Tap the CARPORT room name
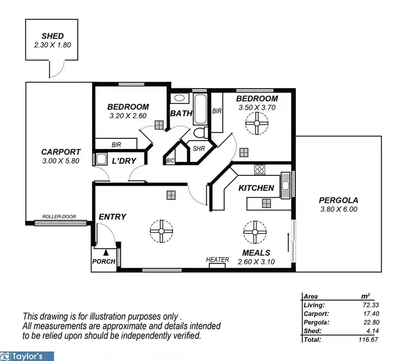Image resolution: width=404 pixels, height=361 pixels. click(61, 152)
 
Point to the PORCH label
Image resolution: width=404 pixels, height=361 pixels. click(104, 261)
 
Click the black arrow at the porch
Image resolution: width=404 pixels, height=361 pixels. click(106, 251)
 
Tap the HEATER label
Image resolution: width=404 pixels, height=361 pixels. click(218, 260)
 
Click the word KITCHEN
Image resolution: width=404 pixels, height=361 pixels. click(256, 188)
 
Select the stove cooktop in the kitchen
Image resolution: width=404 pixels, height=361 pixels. click(260, 169)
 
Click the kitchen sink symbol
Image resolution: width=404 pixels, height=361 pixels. click(286, 185)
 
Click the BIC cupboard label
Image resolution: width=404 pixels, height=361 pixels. click(170, 160)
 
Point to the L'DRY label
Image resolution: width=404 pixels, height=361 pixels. click(124, 161)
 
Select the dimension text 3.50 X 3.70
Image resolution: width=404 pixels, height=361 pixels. click(257, 108)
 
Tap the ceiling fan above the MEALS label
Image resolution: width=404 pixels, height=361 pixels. click(255, 232)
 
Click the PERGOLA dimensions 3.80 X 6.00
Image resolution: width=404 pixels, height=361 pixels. click(338, 209)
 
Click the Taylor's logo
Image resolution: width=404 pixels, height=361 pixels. click(27, 356)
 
